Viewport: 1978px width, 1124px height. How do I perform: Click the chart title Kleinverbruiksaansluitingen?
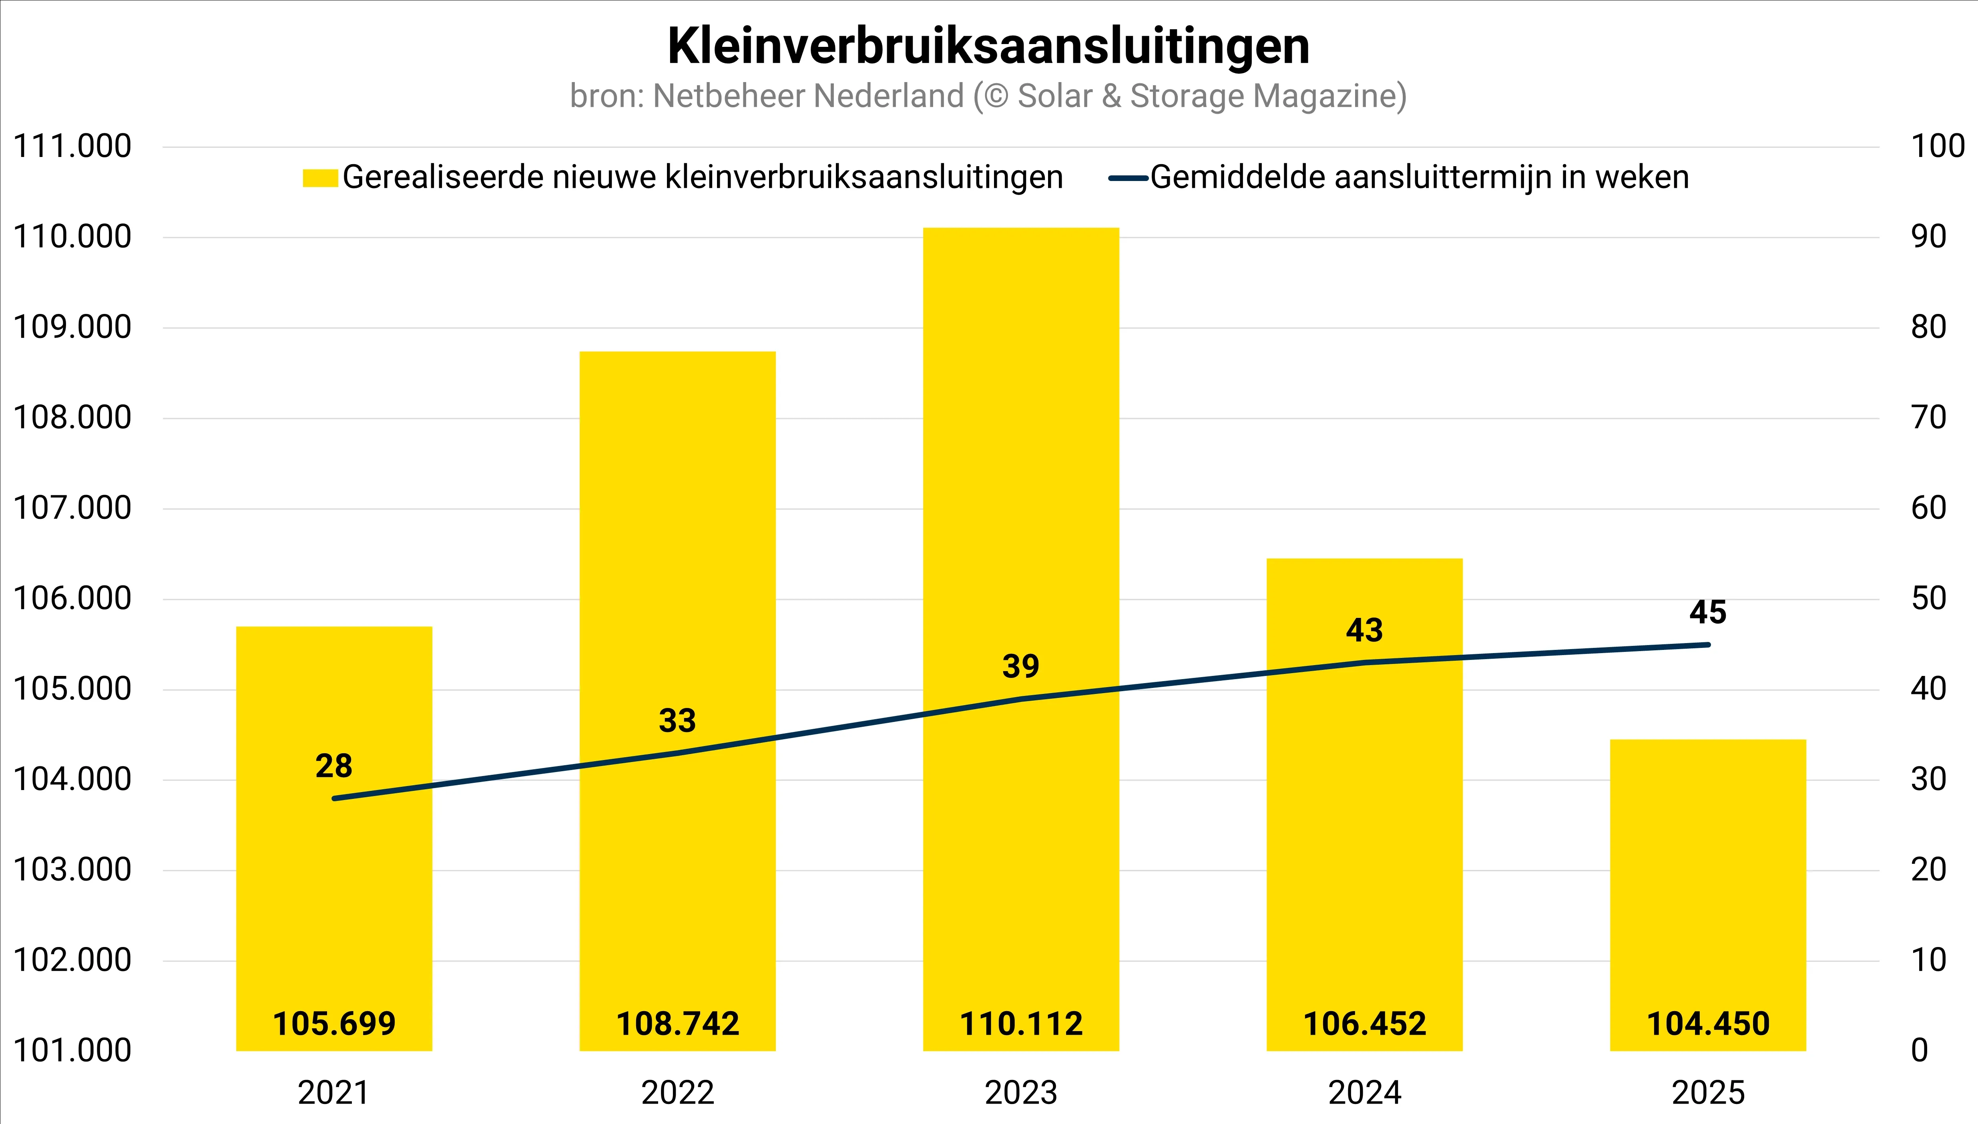click(x=988, y=46)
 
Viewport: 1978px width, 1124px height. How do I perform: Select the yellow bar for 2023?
click(x=1020, y=463)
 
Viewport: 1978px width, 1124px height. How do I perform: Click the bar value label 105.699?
click(x=334, y=1023)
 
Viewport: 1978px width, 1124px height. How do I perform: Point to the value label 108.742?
click(x=678, y=1023)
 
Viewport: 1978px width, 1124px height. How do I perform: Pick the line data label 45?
click(x=1707, y=612)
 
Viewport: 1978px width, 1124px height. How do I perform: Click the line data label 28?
click(x=333, y=766)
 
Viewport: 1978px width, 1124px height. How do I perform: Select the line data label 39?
click(x=1020, y=666)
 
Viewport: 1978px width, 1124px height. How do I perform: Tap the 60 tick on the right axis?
click(x=1928, y=508)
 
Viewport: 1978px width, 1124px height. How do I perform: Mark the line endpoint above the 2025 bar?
click(x=1708, y=645)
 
